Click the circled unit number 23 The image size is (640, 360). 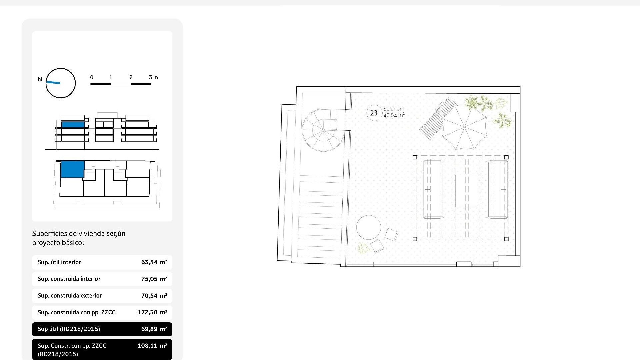[374, 113]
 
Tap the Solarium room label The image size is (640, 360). [394, 109]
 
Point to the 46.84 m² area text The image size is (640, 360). [394, 115]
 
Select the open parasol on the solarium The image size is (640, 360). [464, 127]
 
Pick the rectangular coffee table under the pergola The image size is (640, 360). [467, 191]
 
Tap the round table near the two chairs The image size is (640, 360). [368, 227]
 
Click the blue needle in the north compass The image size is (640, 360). [53, 82]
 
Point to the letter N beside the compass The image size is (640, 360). [40, 79]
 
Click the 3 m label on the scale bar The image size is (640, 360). [153, 77]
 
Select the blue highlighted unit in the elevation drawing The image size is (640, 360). [73, 125]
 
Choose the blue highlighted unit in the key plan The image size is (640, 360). [72, 169]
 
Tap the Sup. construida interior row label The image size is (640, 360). [69, 279]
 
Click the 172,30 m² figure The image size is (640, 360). [152, 312]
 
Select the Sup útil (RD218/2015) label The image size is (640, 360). [69, 329]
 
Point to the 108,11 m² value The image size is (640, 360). [152, 346]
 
